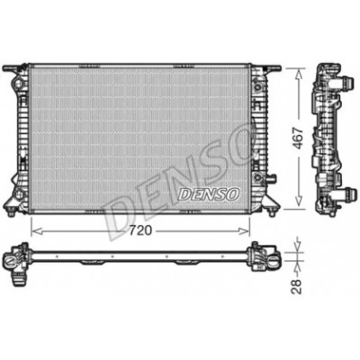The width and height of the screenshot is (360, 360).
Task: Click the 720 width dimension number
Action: pos(140,230)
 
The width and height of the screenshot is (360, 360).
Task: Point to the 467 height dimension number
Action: pos(298,139)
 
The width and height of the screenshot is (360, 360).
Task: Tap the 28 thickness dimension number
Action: pos(296,286)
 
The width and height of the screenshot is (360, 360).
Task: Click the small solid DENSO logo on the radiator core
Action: pos(209,194)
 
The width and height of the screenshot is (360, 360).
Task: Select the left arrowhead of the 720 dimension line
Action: pos(36,230)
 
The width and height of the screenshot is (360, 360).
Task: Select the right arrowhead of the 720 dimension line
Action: pos(244,230)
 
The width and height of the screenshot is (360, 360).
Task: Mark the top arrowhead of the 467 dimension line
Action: pos(298,74)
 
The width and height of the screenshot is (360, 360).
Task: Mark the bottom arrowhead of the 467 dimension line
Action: pos(298,201)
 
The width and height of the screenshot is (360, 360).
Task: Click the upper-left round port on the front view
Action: pos(19,82)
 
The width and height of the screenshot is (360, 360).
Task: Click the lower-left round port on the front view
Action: pos(19,194)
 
